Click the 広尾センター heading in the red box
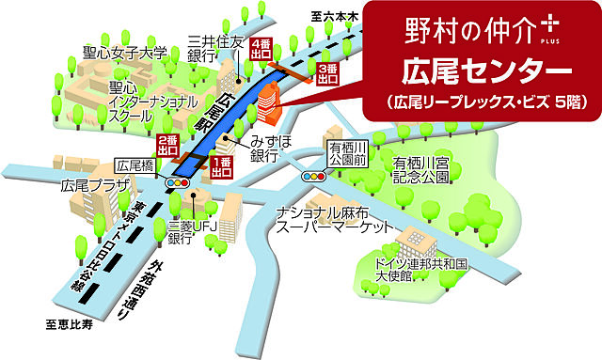tap(481, 71)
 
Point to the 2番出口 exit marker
tap(167, 144)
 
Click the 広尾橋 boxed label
tap(134, 165)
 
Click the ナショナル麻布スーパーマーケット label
tap(334, 219)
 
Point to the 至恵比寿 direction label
tap(71, 325)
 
